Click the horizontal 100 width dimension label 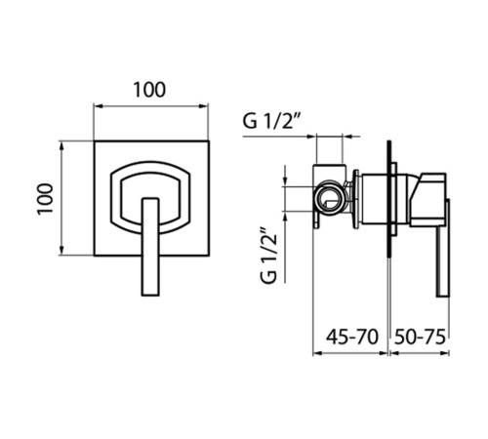click(x=149, y=90)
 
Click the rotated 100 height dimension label click(x=45, y=199)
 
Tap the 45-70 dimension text click(x=352, y=337)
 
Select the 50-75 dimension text click(x=420, y=337)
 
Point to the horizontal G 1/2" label click(x=271, y=121)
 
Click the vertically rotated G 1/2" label click(x=268, y=257)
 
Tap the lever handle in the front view click(x=150, y=247)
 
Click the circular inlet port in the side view click(x=329, y=198)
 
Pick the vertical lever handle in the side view click(x=443, y=248)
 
